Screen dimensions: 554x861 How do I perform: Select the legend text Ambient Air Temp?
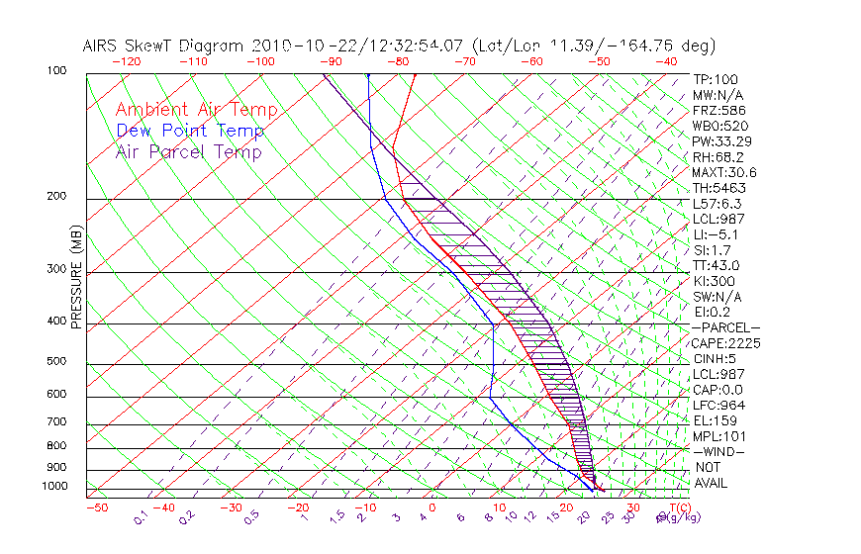pyautogui.click(x=196, y=110)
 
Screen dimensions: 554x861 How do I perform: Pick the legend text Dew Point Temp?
pyautogui.click(x=189, y=131)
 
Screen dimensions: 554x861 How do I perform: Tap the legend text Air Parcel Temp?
pyautogui.click(x=188, y=151)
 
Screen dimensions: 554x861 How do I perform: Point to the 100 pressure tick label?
pyautogui.click(x=56, y=71)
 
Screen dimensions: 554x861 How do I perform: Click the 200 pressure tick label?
pyautogui.click(x=56, y=197)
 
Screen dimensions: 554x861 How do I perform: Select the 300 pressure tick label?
pyautogui.click(x=56, y=269)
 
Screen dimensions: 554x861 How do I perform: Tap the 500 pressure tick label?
pyautogui.click(x=56, y=362)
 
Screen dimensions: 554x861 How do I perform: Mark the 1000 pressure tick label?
pyautogui.click(x=53, y=487)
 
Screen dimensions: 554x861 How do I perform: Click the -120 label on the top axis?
pyautogui.click(x=126, y=61)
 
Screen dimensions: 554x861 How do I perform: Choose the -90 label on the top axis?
pyautogui.click(x=329, y=61)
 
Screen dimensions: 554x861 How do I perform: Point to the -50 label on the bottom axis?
pyautogui.click(x=96, y=508)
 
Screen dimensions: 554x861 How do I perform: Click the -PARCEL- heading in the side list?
pyautogui.click(x=725, y=327)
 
